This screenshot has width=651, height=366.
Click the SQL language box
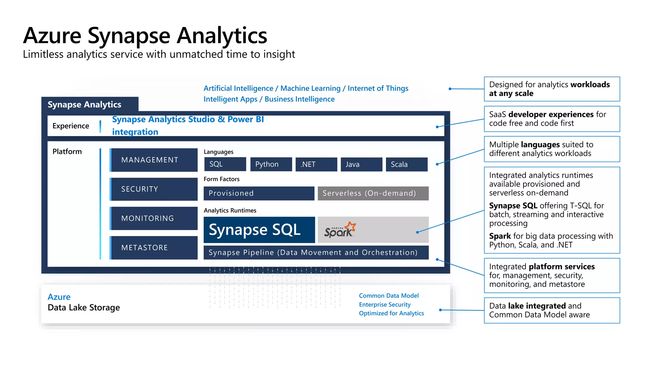coord(225,164)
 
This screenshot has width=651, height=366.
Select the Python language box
coord(271,164)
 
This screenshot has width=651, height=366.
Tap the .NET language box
coord(316,164)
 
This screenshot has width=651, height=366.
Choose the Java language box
coord(361,164)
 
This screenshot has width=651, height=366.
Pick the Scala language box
coord(406,164)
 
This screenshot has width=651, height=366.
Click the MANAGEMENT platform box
coord(154,160)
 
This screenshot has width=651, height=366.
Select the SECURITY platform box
coord(154,189)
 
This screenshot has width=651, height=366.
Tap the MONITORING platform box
coord(154,218)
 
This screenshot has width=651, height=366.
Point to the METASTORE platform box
coord(154,247)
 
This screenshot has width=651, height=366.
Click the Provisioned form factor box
coord(259,193)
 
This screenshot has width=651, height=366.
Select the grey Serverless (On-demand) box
coord(373,193)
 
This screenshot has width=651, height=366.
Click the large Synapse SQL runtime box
coord(259,230)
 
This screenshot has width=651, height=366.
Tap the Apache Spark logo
coord(340,230)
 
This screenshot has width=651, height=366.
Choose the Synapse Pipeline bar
coord(316,252)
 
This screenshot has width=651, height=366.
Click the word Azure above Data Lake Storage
coord(59,297)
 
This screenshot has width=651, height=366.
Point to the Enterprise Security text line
coord(385,304)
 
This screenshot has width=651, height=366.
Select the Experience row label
coord(71,126)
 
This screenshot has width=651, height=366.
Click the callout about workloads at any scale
coord(552,89)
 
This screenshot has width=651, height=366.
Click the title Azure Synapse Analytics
coord(145,35)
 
